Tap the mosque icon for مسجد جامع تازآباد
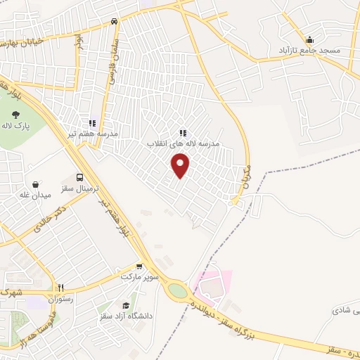[x=310, y=39]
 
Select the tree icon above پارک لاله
[x=16, y=114]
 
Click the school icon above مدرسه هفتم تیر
[x=92, y=123]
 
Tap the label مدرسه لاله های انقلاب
[x=183, y=143]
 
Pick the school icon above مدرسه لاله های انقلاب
[x=183, y=132]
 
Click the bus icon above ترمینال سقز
[x=79, y=178]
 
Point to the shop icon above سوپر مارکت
[x=139, y=266]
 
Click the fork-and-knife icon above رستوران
[x=60, y=288]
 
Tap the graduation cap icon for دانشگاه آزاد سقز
[x=126, y=305]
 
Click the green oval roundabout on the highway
[x=177, y=290]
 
